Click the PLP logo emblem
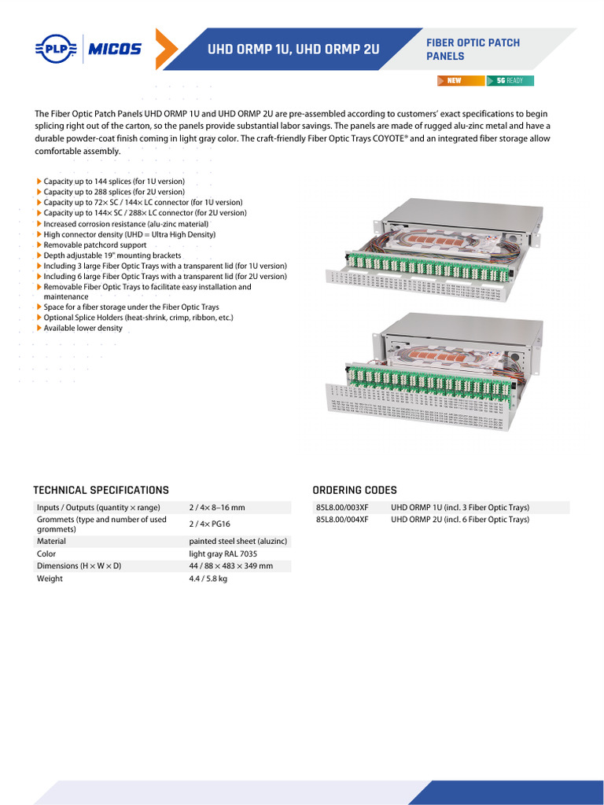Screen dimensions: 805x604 point(56,50)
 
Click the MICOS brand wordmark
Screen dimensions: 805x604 point(115,50)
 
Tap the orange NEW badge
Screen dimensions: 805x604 point(461,81)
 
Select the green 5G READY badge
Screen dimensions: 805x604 point(510,81)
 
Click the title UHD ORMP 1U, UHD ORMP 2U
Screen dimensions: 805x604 point(293,50)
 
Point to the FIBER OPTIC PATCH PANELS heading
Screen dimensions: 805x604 point(473,50)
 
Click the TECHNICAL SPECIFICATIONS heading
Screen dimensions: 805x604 point(101,490)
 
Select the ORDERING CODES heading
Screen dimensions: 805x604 point(355,490)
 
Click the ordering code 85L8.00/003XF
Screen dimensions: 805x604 point(342,508)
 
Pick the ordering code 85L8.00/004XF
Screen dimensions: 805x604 point(342,520)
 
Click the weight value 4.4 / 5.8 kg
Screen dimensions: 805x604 point(208,579)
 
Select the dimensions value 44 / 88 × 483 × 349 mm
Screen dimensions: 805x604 point(231,566)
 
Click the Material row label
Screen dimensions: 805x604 point(52,542)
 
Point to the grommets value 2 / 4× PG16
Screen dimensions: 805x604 point(209,524)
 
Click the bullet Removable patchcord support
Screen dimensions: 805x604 point(95,245)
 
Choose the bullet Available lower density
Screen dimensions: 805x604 point(83,328)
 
